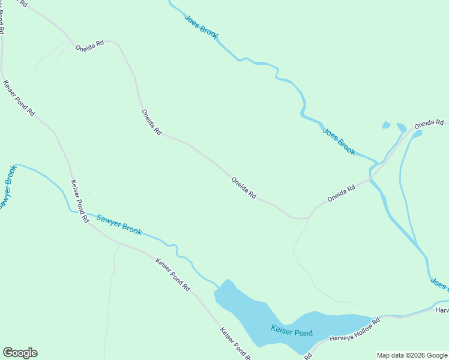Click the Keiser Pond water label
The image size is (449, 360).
tap(292, 331)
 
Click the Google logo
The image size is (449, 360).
tap(20, 353)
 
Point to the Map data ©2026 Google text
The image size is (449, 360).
tap(412, 355)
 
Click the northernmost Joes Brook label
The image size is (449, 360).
tap(201, 26)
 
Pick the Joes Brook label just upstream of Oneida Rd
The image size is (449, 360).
tap(339, 142)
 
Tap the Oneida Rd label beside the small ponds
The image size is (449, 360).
tap(429, 124)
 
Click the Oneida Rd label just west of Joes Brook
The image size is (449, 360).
tap(342, 193)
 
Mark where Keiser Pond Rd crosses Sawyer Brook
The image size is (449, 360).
tap(82, 213)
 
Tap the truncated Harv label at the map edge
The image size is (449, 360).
tap(443, 310)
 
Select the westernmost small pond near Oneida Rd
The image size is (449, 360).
tap(386, 125)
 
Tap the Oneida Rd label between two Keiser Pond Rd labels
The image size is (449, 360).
tap(152, 122)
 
